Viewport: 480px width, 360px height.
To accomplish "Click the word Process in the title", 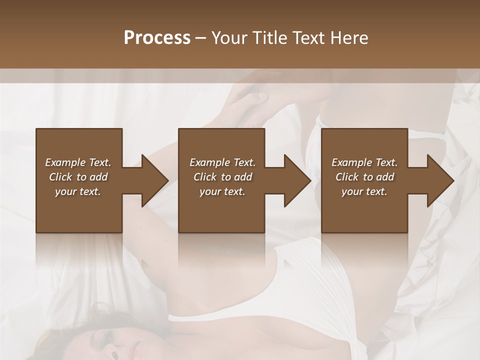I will point(157,38).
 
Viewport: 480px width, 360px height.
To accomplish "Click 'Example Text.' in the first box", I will point(78,162).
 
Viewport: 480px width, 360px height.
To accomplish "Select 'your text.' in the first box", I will point(78,191).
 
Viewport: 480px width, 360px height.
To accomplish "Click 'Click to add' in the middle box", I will point(222,177).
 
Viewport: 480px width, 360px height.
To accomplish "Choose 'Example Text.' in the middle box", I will point(222,162).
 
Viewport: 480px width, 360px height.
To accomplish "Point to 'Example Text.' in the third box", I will point(364,162).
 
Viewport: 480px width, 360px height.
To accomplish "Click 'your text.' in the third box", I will point(364,191).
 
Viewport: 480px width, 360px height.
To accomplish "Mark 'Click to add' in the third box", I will point(364,177).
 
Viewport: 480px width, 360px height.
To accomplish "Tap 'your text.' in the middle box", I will point(222,191).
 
